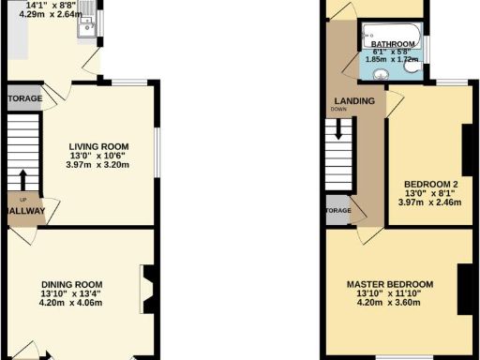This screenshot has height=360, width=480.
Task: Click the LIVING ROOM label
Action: coord(97,145)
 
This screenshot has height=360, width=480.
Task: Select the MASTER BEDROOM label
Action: coord(389,284)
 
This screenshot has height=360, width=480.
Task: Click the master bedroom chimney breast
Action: coord(463,286)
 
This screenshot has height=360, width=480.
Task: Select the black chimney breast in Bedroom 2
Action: coord(466,150)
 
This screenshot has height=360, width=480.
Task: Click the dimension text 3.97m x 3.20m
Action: coord(97,166)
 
